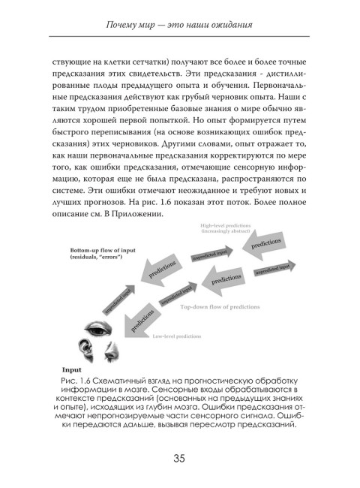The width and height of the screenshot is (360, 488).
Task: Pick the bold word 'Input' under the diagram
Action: point(72,369)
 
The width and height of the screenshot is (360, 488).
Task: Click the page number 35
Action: point(179,459)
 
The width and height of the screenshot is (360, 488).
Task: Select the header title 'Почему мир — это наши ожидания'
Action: point(180,29)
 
